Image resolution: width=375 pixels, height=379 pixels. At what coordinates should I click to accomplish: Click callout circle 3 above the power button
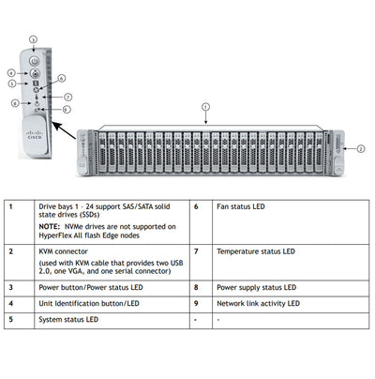(33, 39)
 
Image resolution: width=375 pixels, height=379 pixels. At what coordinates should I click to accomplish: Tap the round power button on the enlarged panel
(34, 59)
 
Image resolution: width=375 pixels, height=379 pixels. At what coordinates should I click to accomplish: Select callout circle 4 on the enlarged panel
(10, 72)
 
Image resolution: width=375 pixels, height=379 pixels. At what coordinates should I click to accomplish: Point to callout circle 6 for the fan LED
(62, 79)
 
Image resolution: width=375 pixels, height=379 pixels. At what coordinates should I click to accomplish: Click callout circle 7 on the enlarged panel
(67, 96)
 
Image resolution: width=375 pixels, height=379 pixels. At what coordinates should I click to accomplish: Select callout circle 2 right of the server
(360, 147)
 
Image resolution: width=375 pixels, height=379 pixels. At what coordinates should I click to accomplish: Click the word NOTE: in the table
(52, 226)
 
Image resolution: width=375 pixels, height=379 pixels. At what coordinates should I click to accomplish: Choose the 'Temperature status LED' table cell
(255, 251)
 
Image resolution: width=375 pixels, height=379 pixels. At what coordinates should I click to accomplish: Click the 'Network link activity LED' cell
(259, 304)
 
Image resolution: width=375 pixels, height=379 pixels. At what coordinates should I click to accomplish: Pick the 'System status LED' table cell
(67, 320)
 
